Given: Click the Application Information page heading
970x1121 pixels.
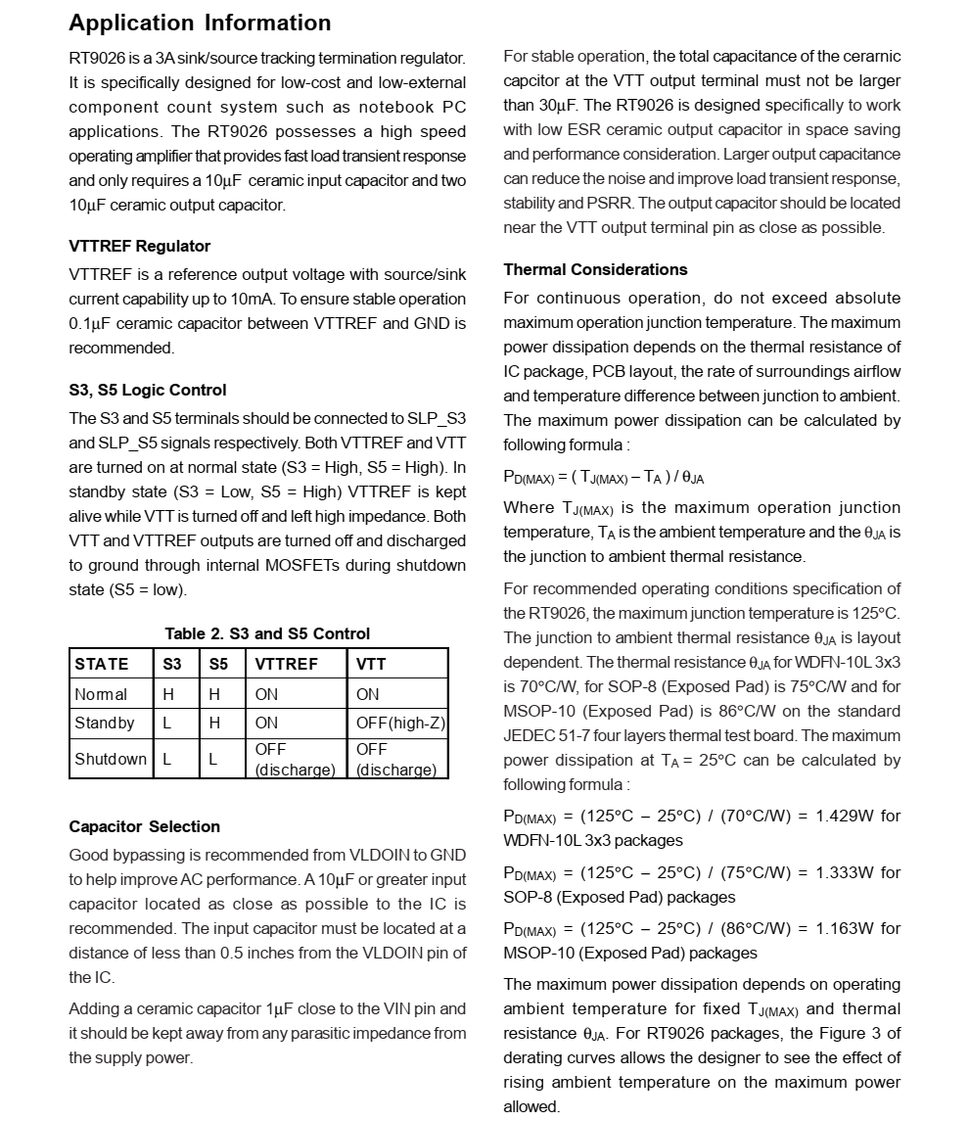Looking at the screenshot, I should point(200,23).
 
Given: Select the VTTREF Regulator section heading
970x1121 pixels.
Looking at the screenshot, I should point(139,246).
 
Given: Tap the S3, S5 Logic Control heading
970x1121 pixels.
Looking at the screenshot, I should point(147,390).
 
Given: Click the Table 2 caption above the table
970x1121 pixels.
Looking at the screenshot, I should point(267,633).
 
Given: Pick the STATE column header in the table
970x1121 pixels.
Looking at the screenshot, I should point(102,664).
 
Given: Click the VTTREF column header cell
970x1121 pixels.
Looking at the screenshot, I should point(286,664).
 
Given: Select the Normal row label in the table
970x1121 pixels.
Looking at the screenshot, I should point(101,694).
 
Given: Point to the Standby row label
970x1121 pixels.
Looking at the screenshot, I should point(105,723).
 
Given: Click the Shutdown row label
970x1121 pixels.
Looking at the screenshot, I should point(110,759).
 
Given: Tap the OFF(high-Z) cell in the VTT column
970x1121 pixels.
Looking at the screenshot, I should point(399,723).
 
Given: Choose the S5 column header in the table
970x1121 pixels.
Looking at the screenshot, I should point(218,664).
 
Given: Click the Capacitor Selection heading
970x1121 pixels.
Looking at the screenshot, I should point(144,826).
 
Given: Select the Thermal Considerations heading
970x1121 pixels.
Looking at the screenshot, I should point(595,269).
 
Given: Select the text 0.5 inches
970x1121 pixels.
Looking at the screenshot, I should point(266,953).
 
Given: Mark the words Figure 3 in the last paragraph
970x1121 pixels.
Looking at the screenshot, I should point(850,1033).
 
